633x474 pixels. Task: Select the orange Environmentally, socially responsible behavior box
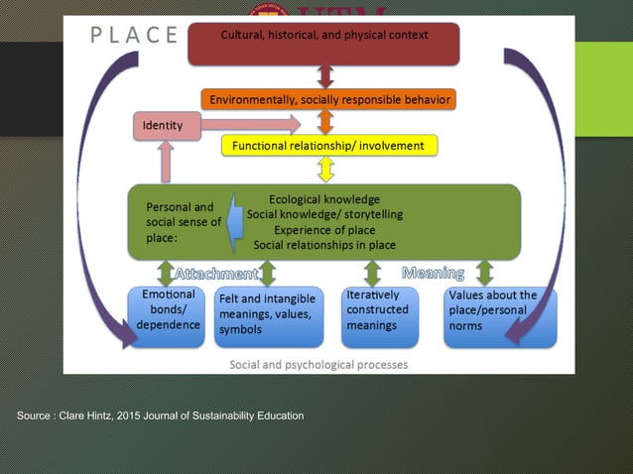pyautogui.click(x=328, y=100)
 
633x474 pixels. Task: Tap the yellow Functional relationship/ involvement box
pyautogui.click(x=328, y=146)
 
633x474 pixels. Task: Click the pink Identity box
pyautogui.click(x=166, y=126)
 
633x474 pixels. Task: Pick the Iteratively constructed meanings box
pyautogui.click(x=380, y=316)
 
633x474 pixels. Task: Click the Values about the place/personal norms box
pyautogui.click(x=499, y=316)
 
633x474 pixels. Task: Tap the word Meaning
pyautogui.click(x=434, y=272)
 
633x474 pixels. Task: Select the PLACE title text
pyautogui.click(x=134, y=36)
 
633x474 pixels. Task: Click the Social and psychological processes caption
pyautogui.click(x=318, y=364)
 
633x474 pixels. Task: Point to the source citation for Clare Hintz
pyautogui.click(x=160, y=415)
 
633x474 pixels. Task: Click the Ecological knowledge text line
pyautogui.click(x=324, y=199)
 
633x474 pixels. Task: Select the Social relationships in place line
pyautogui.click(x=324, y=245)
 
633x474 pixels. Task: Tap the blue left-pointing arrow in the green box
pyautogui.click(x=235, y=219)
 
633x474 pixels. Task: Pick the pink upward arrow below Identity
pyautogui.click(x=165, y=161)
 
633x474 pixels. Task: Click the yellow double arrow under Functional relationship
pyautogui.click(x=324, y=170)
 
